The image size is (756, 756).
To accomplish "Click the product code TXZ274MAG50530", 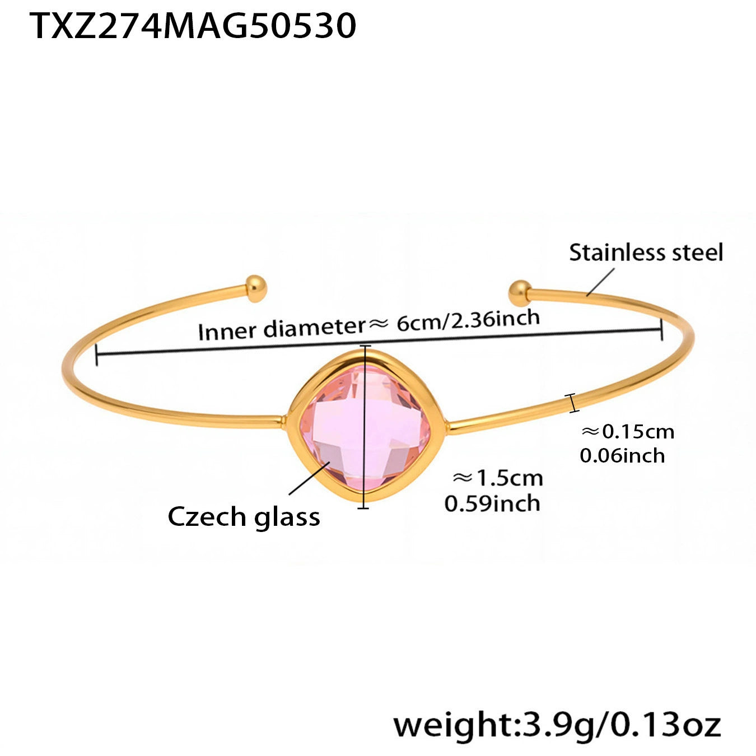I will pyautogui.click(x=193, y=26).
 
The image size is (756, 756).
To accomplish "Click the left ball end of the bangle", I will pyautogui.click(x=256, y=288).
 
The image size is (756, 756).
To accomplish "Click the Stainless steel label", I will pyautogui.click(x=646, y=253).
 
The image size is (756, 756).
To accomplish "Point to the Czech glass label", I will pyautogui.click(x=244, y=516).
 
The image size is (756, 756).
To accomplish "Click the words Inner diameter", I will pyautogui.click(x=281, y=329).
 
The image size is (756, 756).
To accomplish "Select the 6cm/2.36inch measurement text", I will pyautogui.click(x=468, y=320).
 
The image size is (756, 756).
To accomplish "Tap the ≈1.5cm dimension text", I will pyautogui.click(x=497, y=478).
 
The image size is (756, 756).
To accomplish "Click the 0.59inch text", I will pyautogui.click(x=492, y=503).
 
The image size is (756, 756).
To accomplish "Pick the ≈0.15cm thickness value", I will pyautogui.click(x=628, y=432).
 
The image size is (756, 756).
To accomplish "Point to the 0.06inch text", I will pyautogui.click(x=622, y=456).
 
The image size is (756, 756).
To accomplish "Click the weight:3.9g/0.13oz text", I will pyautogui.click(x=557, y=726).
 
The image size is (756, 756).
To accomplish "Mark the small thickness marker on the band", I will pyautogui.click(x=572, y=403).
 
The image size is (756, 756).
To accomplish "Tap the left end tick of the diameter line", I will pyautogui.click(x=97, y=355).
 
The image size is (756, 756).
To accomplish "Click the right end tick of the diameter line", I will pyautogui.click(x=662, y=329).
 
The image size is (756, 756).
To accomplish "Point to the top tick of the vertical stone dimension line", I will pyautogui.click(x=365, y=347).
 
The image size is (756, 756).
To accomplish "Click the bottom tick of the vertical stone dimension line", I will pyautogui.click(x=363, y=507).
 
